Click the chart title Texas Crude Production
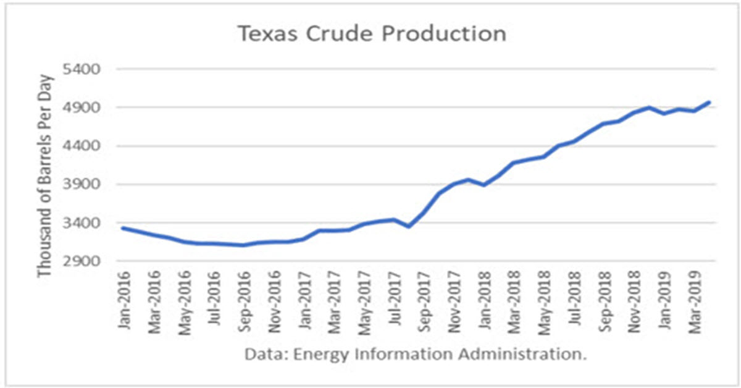(x=372, y=34)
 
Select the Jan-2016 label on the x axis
(x=124, y=300)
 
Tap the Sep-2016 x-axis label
(x=245, y=300)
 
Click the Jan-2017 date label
(x=304, y=300)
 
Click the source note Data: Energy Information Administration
(x=415, y=355)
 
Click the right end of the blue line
(x=710, y=103)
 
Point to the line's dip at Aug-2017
(x=408, y=227)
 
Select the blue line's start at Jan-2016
(x=122, y=228)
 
